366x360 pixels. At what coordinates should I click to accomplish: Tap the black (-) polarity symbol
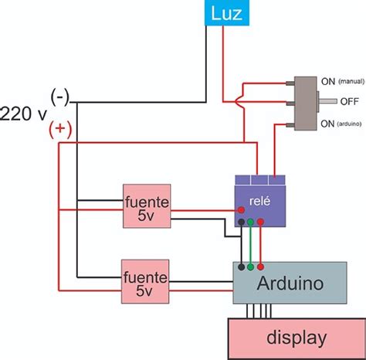[x=60, y=96]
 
